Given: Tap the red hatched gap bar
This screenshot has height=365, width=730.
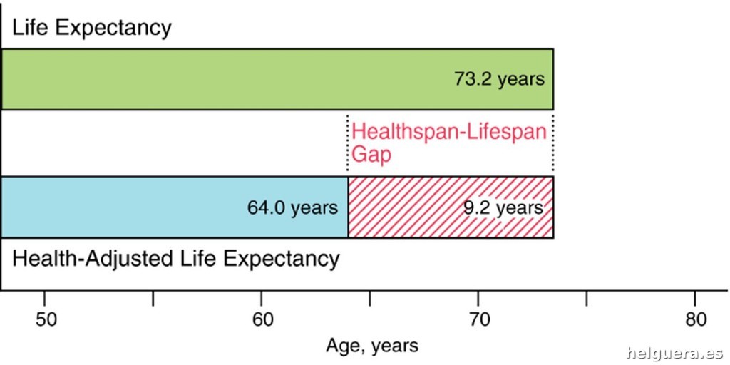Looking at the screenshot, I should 406,207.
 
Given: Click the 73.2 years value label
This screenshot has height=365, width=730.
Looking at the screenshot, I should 499,78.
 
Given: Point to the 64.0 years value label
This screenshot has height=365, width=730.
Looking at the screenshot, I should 292,207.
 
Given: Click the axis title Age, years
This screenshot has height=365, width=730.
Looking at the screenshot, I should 372,346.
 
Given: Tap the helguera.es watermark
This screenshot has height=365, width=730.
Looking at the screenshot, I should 674,352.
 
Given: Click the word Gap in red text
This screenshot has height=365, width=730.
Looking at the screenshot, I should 371,153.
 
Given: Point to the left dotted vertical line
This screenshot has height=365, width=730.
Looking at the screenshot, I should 348,143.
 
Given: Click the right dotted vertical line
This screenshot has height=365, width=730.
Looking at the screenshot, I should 553,143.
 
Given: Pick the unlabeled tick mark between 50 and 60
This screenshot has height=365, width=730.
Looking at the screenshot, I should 153,298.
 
